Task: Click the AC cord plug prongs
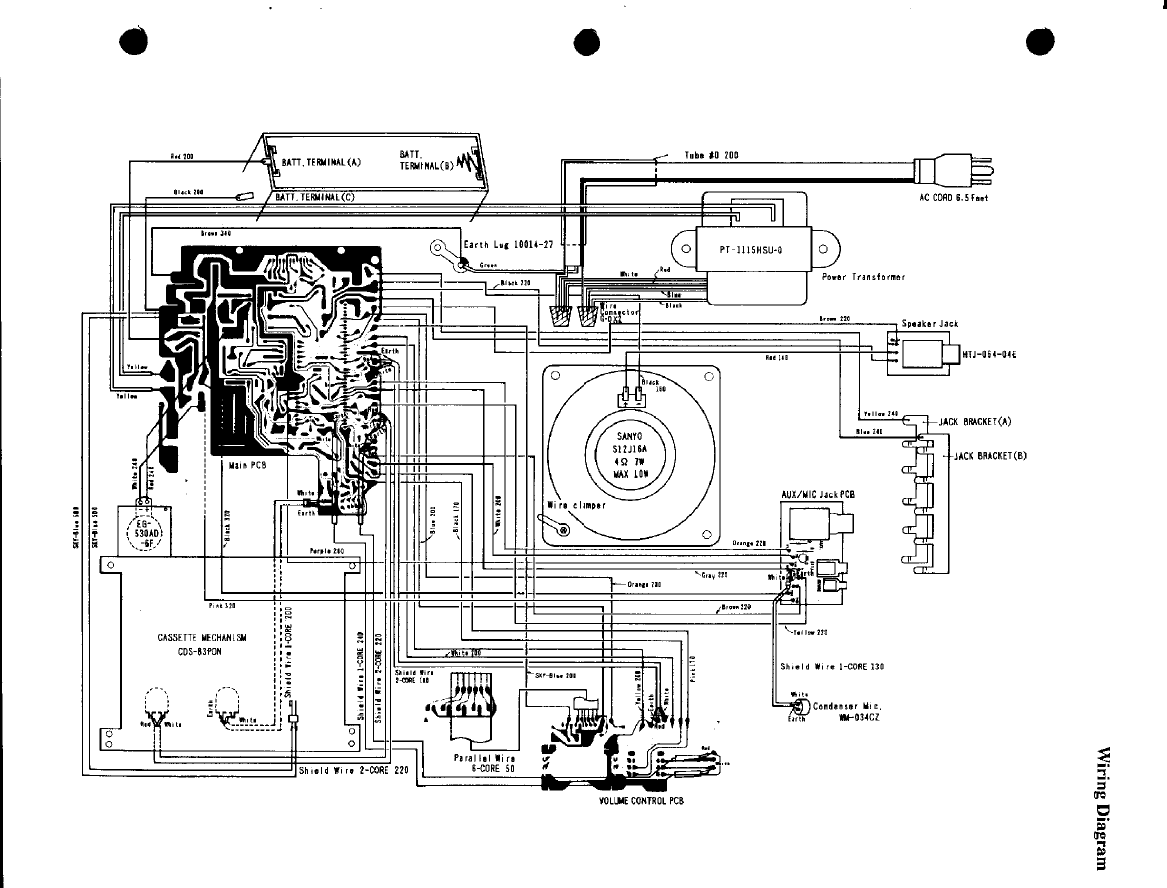(x=983, y=172)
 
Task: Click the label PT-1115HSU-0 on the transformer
(x=749, y=250)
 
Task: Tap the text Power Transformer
(x=863, y=278)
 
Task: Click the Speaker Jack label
(x=929, y=323)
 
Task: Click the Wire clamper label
(x=578, y=505)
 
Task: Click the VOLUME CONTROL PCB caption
(x=641, y=801)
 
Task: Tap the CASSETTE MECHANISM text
(x=201, y=638)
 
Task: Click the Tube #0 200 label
(x=710, y=155)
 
